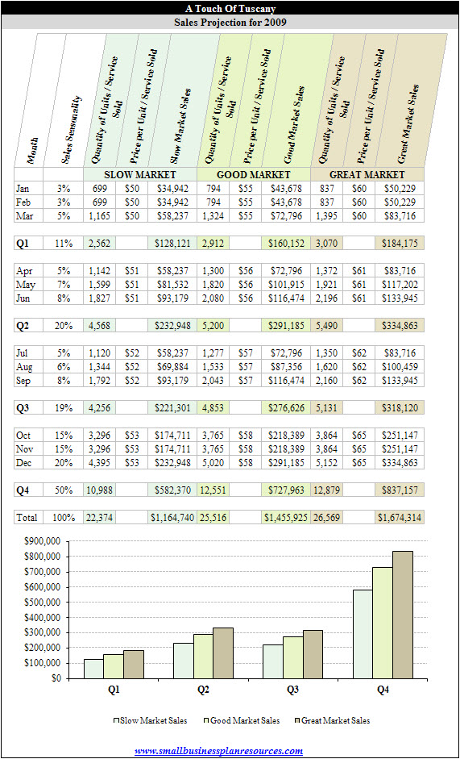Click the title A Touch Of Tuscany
click(x=230, y=8)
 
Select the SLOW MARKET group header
click(x=140, y=174)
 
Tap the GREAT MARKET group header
click(x=367, y=174)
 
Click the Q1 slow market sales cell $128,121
click(x=172, y=244)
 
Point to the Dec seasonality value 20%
click(x=64, y=463)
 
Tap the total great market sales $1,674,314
click(x=399, y=518)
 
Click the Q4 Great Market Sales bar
click(x=403, y=615)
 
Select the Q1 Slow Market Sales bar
click(x=93, y=669)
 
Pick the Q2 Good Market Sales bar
click(x=203, y=657)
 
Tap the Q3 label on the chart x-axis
click(x=292, y=690)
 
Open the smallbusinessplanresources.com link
click(x=218, y=751)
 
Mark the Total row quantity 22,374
click(x=98, y=518)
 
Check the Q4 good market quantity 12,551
click(x=213, y=490)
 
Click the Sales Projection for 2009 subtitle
click(x=230, y=22)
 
